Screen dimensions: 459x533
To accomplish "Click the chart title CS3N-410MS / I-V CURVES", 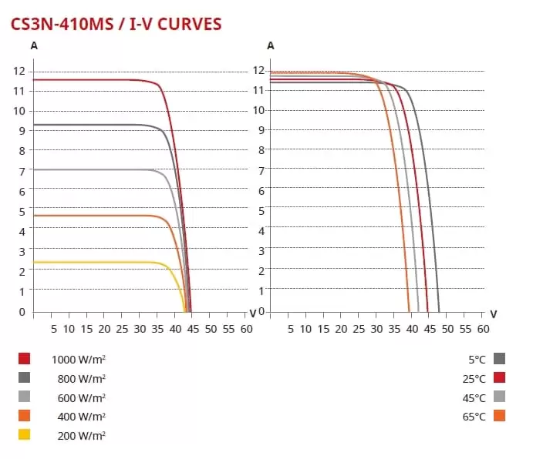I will [116, 24].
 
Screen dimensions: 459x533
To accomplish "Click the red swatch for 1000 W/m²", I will [25, 359].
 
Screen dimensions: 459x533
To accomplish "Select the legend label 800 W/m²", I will [81, 378].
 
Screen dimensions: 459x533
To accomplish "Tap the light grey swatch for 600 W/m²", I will [25, 397].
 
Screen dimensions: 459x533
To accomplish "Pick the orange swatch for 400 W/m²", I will [25, 416].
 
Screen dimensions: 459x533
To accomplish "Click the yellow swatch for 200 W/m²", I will [25, 434].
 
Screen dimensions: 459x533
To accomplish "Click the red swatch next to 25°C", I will [499, 377].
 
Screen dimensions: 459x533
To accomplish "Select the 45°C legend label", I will [474, 397].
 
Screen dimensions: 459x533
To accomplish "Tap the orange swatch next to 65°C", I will [499, 416].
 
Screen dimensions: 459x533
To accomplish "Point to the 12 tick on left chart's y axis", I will [19, 71].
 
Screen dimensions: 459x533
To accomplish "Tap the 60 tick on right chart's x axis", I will [483, 329].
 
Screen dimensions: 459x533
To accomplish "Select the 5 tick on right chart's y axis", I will [261, 210].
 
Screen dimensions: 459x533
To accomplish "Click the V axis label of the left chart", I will [253, 313].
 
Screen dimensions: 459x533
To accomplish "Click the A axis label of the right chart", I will [270, 45].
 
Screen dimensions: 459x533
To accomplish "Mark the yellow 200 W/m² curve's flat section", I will [93, 262].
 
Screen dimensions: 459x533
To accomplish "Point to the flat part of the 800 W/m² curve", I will [93, 125].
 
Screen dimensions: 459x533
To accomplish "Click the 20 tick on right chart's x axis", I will [341, 329].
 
